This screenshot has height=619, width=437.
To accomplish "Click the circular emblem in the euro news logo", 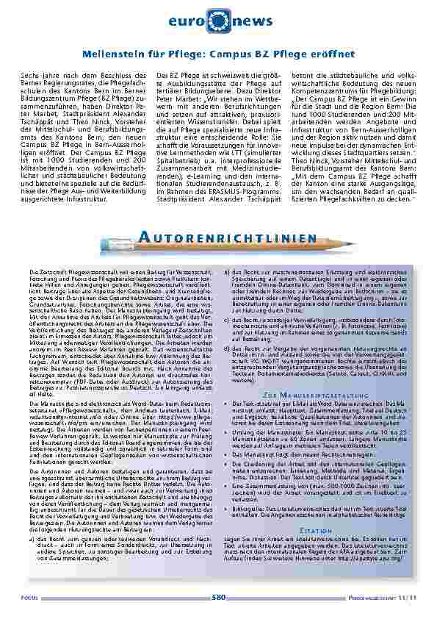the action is click(x=218, y=21).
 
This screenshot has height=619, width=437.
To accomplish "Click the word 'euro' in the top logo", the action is click(x=190, y=22).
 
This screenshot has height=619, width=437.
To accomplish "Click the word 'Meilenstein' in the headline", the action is click(x=110, y=54).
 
